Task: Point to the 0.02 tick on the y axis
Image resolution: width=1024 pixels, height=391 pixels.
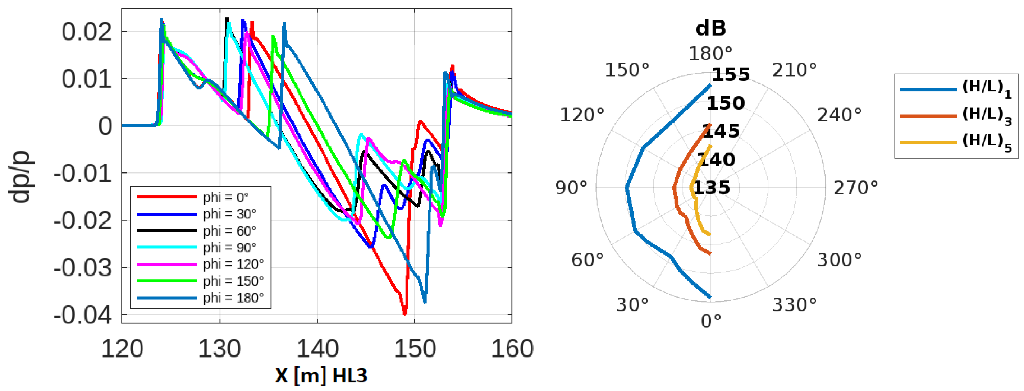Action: [x=87, y=32]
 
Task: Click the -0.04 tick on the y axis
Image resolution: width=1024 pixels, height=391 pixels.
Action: [x=82, y=315]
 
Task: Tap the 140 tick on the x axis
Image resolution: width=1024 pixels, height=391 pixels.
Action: [x=317, y=349]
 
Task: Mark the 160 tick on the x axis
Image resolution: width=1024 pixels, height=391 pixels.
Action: [x=512, y=349]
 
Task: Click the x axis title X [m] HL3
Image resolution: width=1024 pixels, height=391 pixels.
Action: [x=321, y=375]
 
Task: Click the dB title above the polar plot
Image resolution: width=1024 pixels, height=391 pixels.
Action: [x=711, y=29]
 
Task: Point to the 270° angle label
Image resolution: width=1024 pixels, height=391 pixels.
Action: [x=855, y=188]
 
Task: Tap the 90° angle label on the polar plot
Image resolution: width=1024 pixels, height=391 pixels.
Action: [x=571, y=188]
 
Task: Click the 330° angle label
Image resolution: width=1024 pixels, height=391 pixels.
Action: [x=794, y=305]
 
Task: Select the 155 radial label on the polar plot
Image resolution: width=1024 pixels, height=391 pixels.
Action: [x=731, y=75]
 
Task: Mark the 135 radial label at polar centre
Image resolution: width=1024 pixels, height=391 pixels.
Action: [x=712, y=188]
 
